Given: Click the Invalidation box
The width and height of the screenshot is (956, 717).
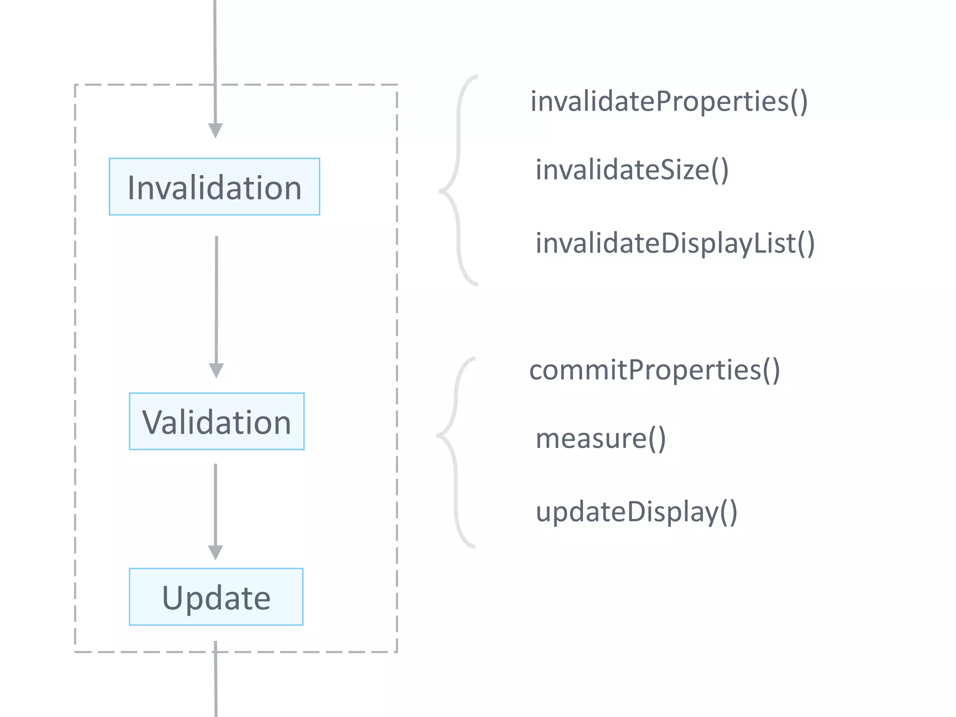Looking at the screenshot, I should [214, 187].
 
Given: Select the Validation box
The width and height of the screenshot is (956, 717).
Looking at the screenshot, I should [217, 422].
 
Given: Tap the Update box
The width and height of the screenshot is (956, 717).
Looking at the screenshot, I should [216, 597].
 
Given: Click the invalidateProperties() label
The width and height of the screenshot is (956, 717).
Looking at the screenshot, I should [669, 101].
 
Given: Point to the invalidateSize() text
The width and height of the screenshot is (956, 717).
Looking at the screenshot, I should [632, 169].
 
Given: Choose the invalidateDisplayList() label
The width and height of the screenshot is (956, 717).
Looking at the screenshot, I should [675, 243].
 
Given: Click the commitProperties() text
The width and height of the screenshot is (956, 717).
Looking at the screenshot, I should [654, 370].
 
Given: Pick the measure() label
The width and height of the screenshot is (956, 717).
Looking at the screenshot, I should [600, 439].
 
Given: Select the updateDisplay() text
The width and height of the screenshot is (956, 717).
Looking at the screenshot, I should [636, 512].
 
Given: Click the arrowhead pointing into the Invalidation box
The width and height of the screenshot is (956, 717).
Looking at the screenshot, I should [215, 130].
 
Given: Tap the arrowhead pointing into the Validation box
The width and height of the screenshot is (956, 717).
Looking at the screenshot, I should [216, 370].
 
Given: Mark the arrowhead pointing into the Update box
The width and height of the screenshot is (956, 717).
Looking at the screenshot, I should [215, 552].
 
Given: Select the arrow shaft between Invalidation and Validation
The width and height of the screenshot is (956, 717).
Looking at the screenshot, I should [217, 299].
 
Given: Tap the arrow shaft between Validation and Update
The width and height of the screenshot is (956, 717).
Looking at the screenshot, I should [215, 504].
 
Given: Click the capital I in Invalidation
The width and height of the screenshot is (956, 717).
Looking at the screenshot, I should [131, 188].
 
